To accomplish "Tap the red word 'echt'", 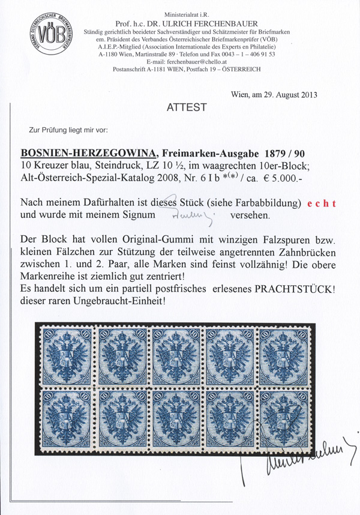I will pos(323,203).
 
